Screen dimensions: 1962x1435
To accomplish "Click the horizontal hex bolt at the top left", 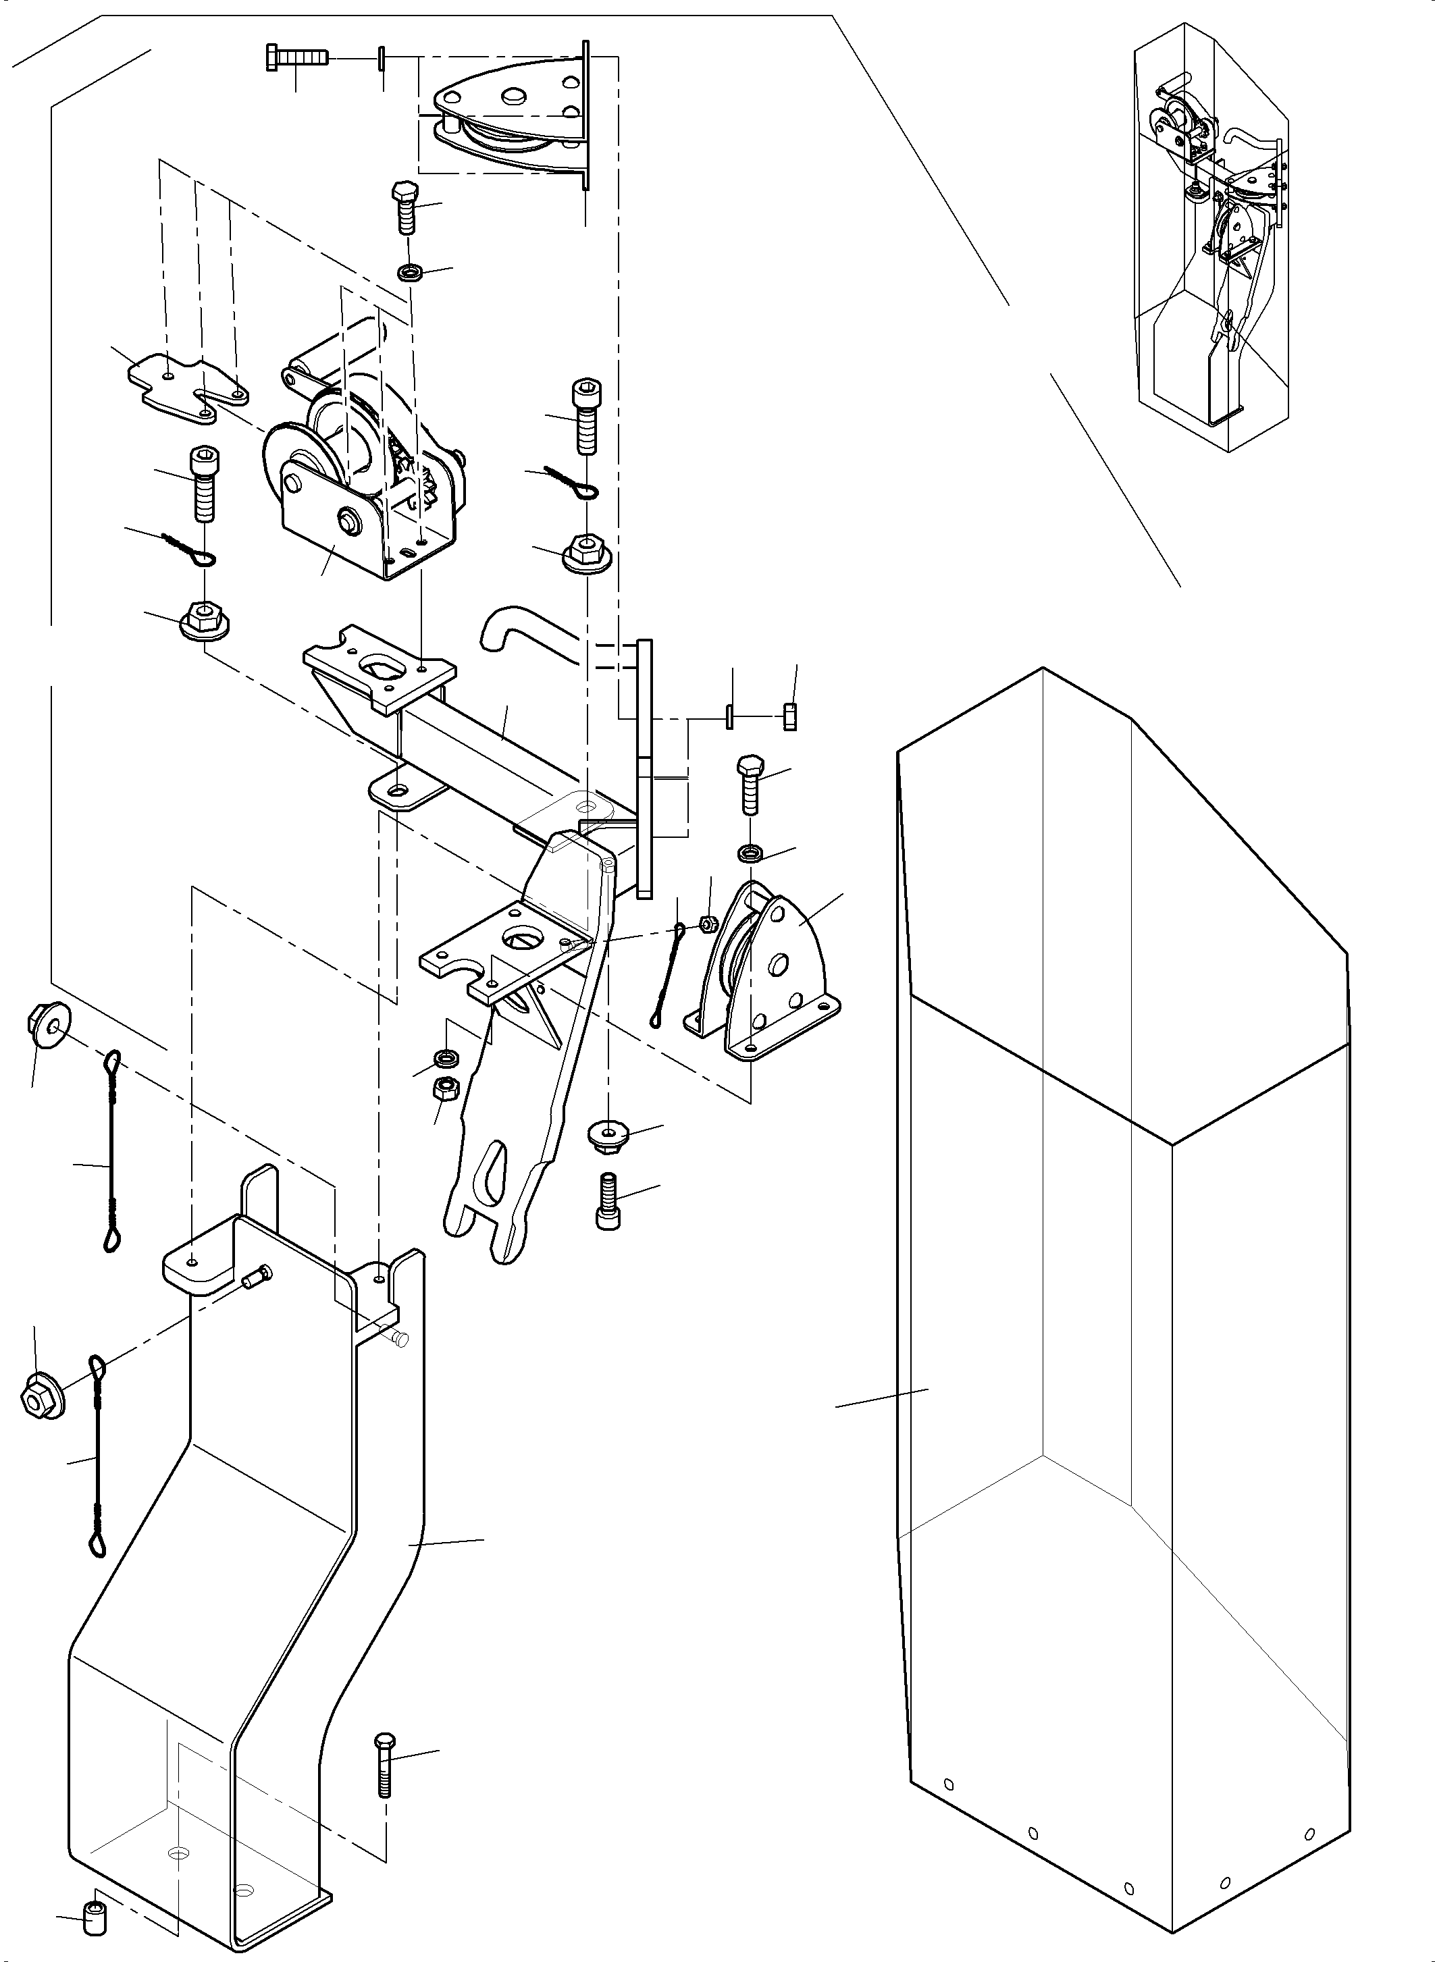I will point(295,59).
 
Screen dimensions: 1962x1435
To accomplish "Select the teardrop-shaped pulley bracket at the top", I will point(508,117).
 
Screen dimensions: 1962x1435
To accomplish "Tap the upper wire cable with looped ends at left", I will point(112,1150).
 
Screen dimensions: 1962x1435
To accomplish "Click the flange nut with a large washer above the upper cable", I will point(51,1025).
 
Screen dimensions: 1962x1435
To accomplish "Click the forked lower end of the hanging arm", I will point(491,1216).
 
